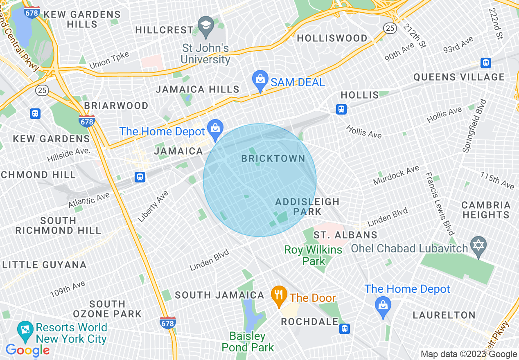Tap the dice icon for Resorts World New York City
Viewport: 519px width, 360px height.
(25, 331)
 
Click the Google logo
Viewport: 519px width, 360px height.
(27, 350)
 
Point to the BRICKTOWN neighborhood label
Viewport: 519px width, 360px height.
(273, 159)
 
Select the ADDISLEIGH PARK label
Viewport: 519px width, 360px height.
(307, 207)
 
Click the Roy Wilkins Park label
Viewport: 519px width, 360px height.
(313, 255)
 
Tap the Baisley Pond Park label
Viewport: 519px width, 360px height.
(247, 342)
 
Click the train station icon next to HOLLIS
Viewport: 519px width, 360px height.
(341, 109)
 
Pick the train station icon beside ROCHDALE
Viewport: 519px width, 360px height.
(345, 329)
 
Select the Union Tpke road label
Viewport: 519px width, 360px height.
(109, 60)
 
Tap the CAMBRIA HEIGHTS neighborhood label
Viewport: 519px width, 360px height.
(486, 210)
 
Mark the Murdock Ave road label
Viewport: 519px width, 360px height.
(396, 175)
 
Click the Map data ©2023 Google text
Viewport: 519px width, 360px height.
(469, 354)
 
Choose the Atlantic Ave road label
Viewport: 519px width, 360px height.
(89, 200)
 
